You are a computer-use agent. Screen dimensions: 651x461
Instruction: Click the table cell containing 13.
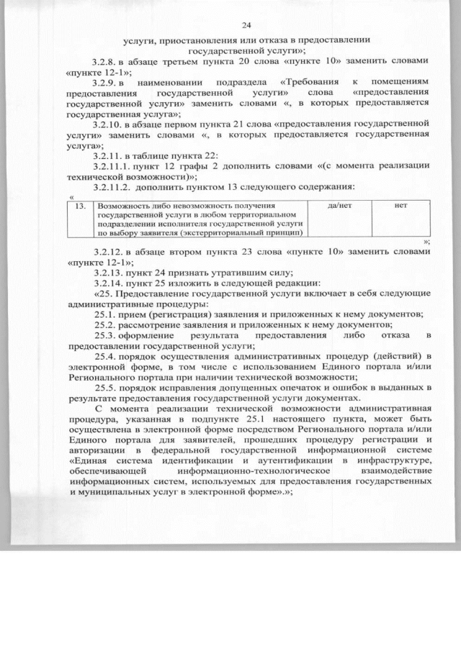[82, 206]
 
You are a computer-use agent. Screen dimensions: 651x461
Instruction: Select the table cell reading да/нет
[339, 206]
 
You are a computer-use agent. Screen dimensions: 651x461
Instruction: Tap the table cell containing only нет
[401, 206]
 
